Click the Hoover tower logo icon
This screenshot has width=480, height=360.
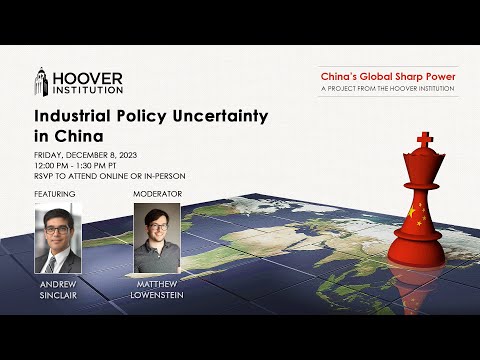click(x=42, y=85)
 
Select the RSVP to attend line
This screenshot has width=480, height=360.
click(x=110, y=176)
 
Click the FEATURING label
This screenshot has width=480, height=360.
click(x=55, y=192)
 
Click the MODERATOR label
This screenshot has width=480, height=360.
click(x=155, y=192)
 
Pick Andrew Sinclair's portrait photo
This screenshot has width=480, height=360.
click(x=57, y=238)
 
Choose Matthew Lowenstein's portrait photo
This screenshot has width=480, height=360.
click(x=156, y=238)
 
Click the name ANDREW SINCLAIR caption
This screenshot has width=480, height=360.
click(x=57, y=290)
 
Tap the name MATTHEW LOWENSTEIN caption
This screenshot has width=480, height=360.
click(x=156, y=290)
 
